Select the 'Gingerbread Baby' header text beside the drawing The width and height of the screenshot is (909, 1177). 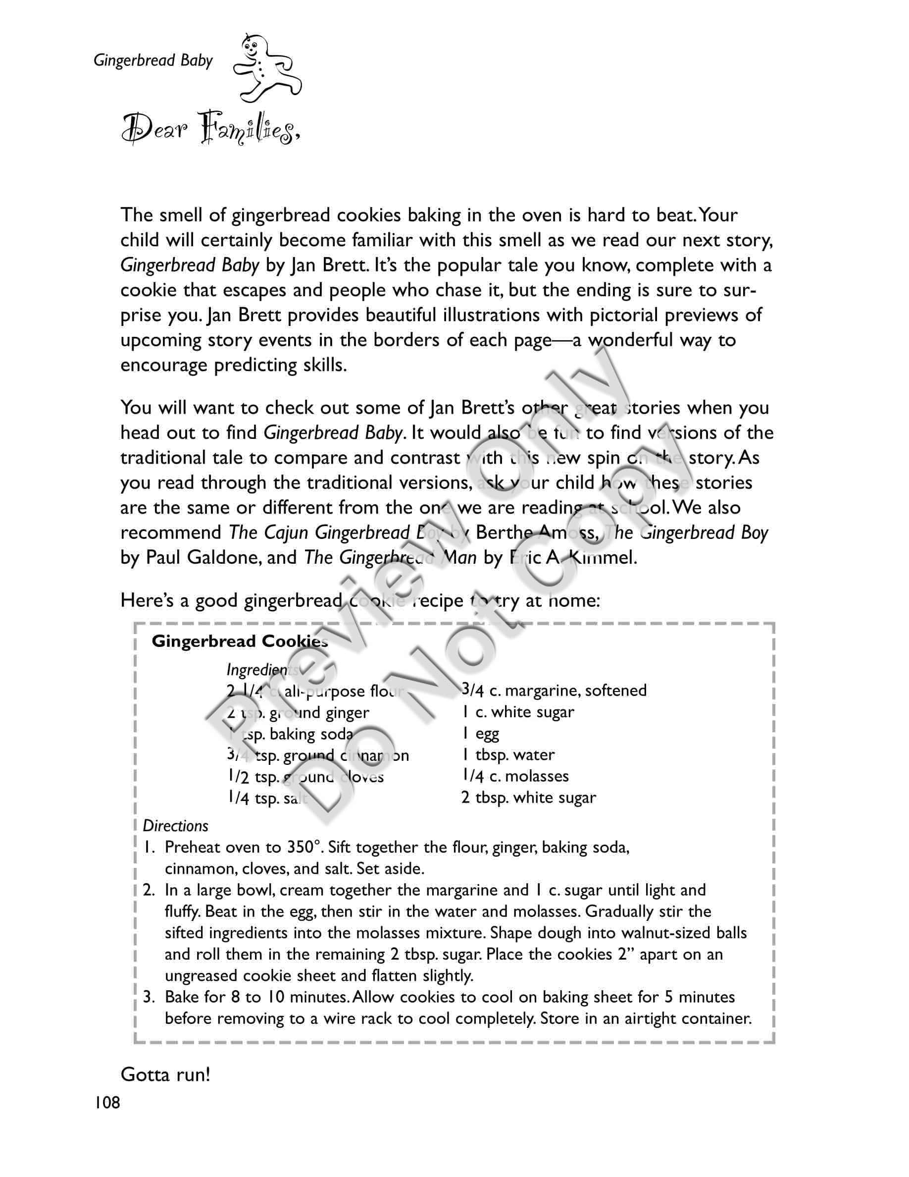[x=153, y=60]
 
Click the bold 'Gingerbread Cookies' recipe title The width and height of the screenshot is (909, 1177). [x=240, y=642]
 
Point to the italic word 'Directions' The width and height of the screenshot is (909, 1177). [x=176, y=826]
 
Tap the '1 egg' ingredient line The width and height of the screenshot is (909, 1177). [x=480, y=734]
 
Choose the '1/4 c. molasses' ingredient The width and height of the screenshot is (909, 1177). [x=515, y=776]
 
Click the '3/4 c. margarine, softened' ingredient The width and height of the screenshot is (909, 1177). [x=554, y=691]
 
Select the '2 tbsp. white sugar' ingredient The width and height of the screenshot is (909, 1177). [x=529, y=798]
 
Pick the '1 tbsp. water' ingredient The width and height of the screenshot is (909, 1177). [x=508, y=755]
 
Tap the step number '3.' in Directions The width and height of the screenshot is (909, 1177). [x=149, y=997]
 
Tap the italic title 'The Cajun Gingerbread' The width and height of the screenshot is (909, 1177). [x=319, y=533]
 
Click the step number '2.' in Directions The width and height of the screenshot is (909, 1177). [x=149, y=890]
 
